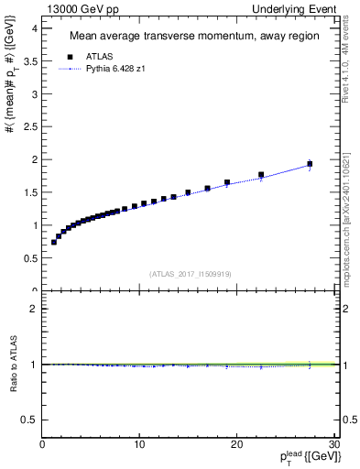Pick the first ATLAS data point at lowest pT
coord(54,242)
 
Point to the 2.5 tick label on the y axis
coord(28,126)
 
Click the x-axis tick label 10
coord(139,444)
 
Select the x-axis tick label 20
coord(236,444)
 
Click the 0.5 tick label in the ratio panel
coord(28,420)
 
